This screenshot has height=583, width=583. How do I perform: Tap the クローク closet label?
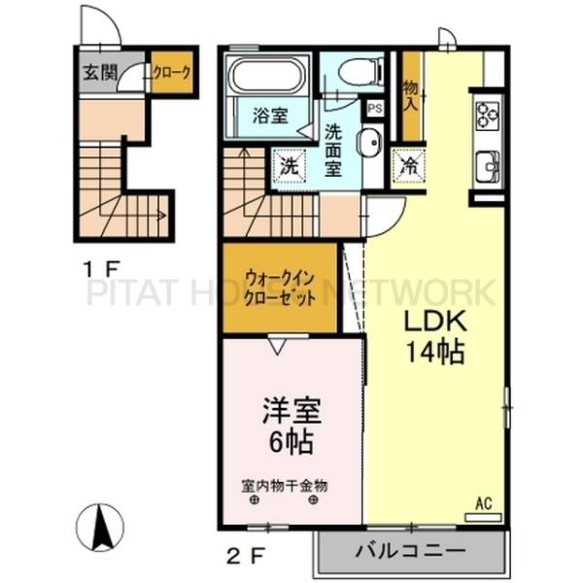[171, 71]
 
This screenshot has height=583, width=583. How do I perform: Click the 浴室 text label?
[270, 116]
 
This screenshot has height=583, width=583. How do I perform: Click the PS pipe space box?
[373, 109]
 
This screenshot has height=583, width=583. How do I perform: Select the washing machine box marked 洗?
[289, 166]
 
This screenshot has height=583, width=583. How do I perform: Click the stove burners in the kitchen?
[486, 116]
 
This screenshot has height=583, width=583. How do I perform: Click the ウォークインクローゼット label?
[279, 289]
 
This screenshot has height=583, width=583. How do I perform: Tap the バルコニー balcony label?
[408, 551]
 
